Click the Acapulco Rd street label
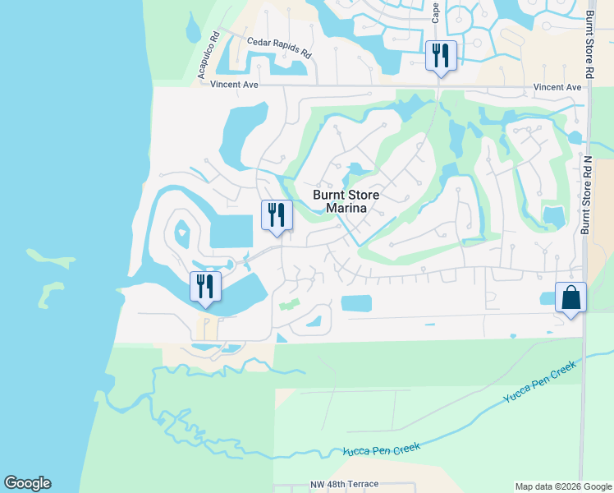tap(206, 56)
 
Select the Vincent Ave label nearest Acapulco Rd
tap(234, 85)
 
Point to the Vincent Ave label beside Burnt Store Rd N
tap(557, 87)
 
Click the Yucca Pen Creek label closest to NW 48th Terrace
tap(382, 449)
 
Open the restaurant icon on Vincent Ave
tap(440, 55)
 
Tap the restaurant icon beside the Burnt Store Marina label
tap(277, 214)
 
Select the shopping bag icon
tap(570, 297)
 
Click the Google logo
tap(27, 483)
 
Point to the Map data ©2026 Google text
tap(563, 486)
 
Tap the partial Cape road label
tap(435, 12)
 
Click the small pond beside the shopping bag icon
tap(545, 297)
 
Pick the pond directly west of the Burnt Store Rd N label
tap(554, 216)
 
